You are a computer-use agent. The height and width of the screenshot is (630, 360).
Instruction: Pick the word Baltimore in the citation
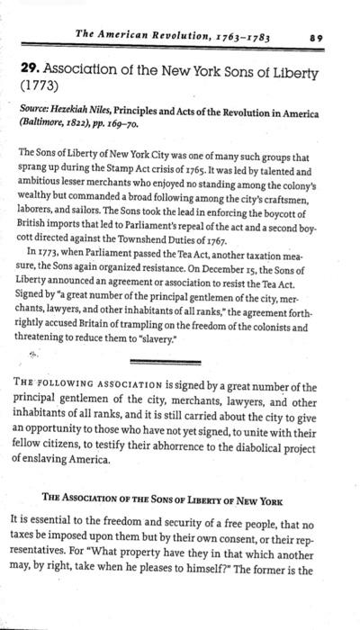[43, 127]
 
